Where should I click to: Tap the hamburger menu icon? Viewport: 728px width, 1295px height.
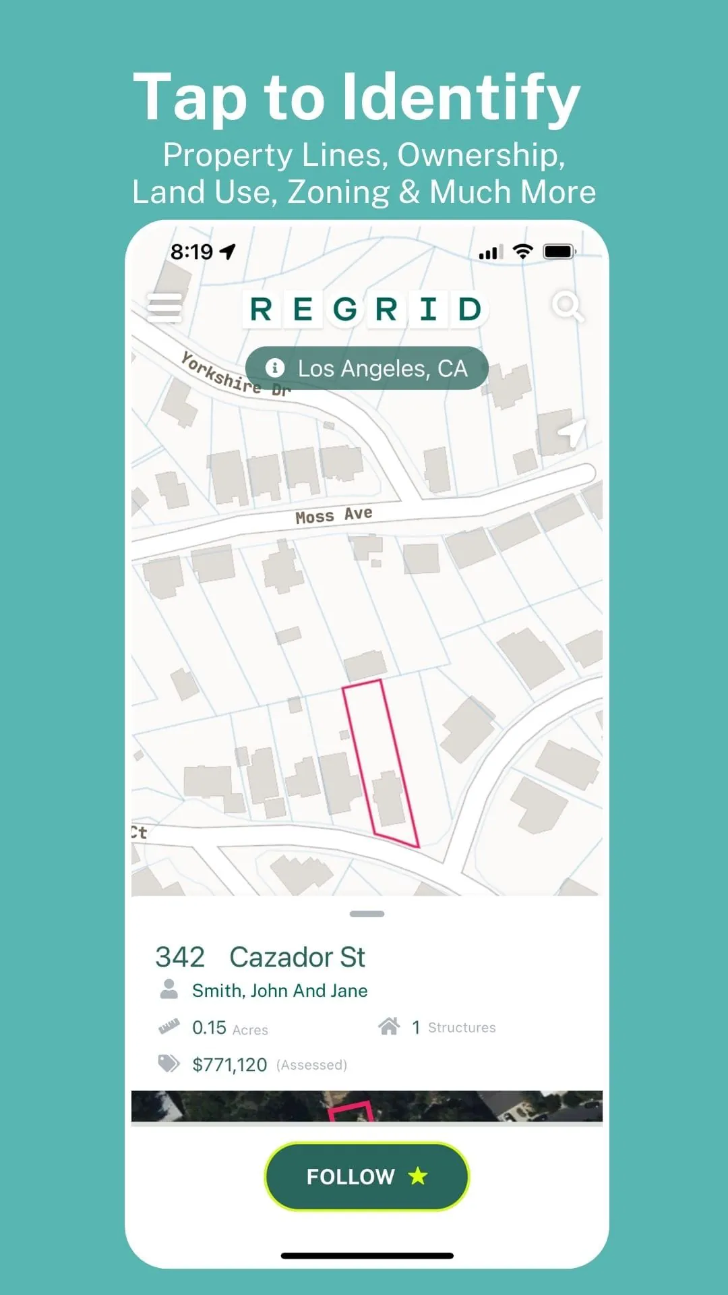pos(164,308)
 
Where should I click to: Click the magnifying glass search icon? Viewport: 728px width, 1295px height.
pos(567,307)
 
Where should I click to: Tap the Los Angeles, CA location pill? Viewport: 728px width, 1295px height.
pos(367,368)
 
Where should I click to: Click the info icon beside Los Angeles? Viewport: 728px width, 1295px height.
pos(274,368)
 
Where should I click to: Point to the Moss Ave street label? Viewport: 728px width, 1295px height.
pos(334,515)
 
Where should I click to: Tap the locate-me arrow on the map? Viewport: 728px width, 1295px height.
pos(571,431)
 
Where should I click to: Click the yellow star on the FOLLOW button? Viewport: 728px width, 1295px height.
pos(418,1176)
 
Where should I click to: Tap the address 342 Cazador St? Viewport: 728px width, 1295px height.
pos(260,957)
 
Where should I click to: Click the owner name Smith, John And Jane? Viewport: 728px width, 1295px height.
pos(280,991)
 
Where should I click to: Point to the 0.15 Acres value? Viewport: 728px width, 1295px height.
pos(229,1028)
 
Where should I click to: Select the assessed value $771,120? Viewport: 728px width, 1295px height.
pos(230,1065)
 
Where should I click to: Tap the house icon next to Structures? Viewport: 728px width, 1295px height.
pos(389,1027)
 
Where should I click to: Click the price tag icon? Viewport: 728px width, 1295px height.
pos(169,1064)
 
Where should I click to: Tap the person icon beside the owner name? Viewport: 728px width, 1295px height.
pos(169,989)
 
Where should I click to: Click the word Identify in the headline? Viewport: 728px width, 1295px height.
pos(462,98)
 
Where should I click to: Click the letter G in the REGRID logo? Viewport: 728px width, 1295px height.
pos(345,310)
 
